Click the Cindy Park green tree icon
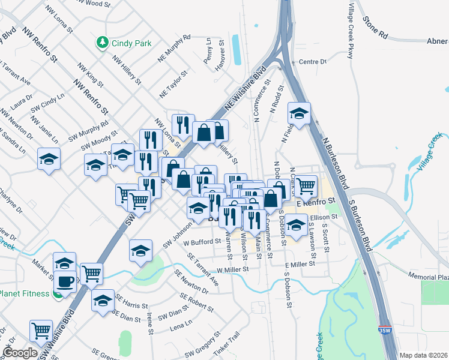(x=102, y=42)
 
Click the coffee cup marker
(x=65, y=281)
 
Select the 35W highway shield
(x=384, y=347)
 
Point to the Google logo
(x=20, y=353)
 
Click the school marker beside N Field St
(x=298, y=112)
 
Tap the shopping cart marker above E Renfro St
(x=306, y=185)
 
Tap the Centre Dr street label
(x=312, y=62)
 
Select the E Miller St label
(x=300, y=265)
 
